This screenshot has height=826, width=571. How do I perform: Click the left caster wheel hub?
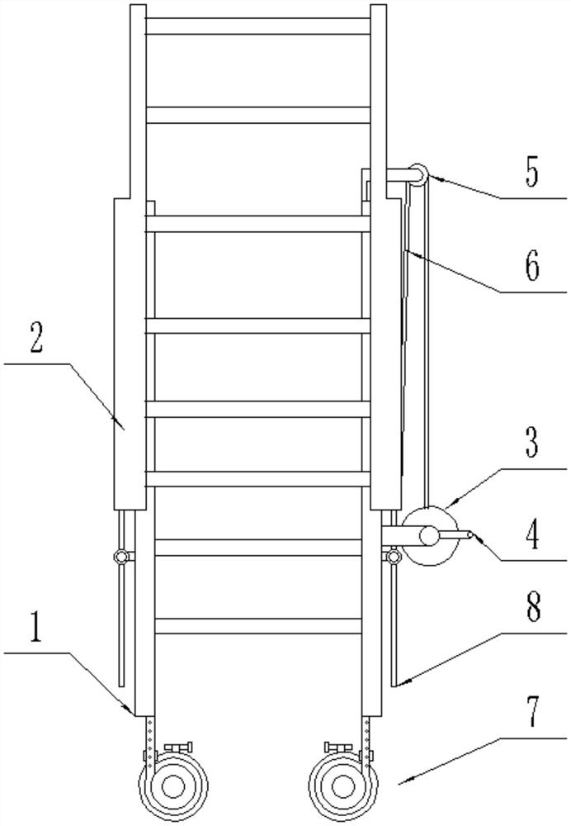172,785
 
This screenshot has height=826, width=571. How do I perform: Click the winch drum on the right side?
430,536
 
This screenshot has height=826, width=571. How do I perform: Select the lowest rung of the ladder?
257,626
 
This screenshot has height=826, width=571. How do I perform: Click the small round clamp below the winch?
393,558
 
